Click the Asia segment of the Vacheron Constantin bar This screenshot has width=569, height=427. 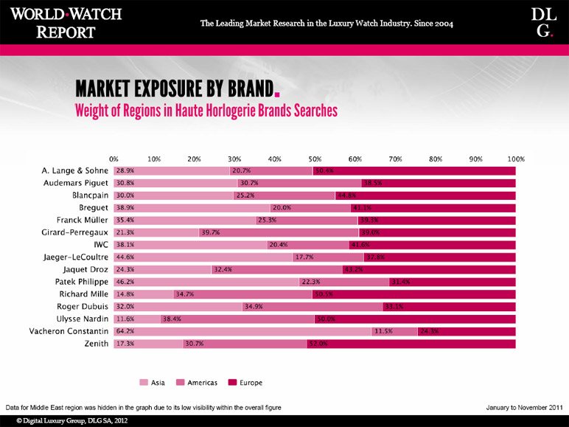tap(242, 331)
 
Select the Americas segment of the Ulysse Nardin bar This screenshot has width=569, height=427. tap(237, 319)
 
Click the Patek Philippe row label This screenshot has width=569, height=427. tap(82, 282)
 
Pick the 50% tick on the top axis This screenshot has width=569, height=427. tap(315, 159)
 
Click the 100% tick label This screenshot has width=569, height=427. tap(515, 159)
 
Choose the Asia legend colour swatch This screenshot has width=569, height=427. tap(144, 382)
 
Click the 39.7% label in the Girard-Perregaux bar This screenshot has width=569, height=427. tap(212, 232)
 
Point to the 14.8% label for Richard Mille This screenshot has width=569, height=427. tap(125, 294)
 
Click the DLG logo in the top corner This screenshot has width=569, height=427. tap(542, 22)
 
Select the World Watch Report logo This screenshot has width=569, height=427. tap(66, 22)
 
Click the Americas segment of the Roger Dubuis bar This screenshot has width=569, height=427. tap(313, 307)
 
